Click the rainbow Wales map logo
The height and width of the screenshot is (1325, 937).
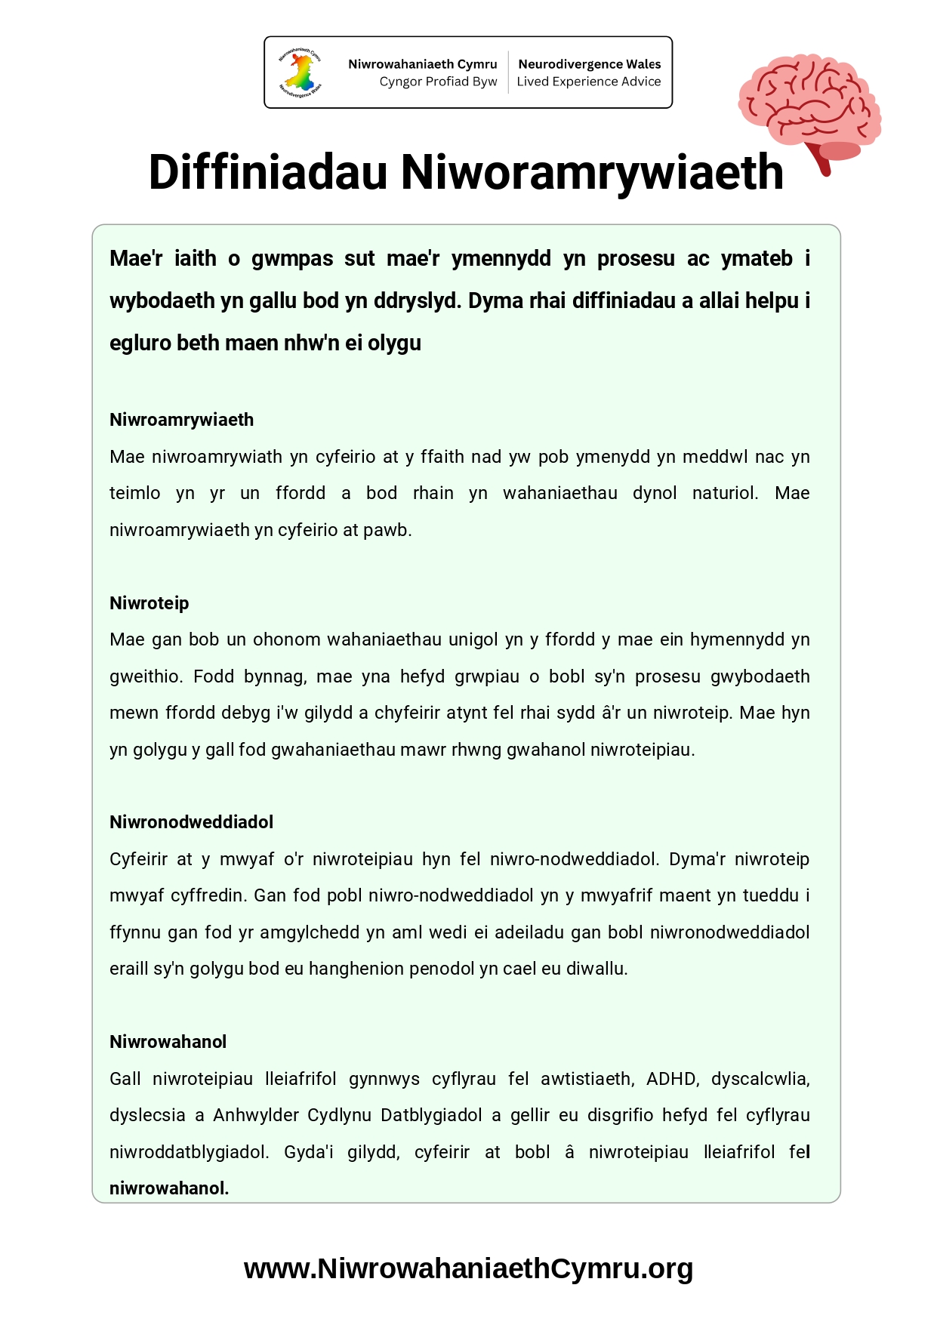point(301,72)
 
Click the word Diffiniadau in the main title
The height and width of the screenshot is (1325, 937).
point(268,173)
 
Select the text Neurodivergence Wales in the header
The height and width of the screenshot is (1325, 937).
point(589,64)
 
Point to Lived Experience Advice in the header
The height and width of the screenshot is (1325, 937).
point(588,82)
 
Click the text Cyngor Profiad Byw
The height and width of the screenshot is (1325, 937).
point(438,82)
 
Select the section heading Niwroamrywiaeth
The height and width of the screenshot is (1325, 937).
point(181,420)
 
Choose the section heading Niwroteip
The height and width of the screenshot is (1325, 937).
point(149,603)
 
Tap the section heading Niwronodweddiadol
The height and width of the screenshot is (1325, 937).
point(191,822)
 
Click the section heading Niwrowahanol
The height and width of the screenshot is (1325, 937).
point(168,1042)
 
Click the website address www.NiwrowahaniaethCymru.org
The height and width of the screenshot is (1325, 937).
point(468,1268)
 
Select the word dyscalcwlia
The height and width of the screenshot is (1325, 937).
point(760,1079)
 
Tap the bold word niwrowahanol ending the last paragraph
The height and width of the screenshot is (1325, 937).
point(168,1188)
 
